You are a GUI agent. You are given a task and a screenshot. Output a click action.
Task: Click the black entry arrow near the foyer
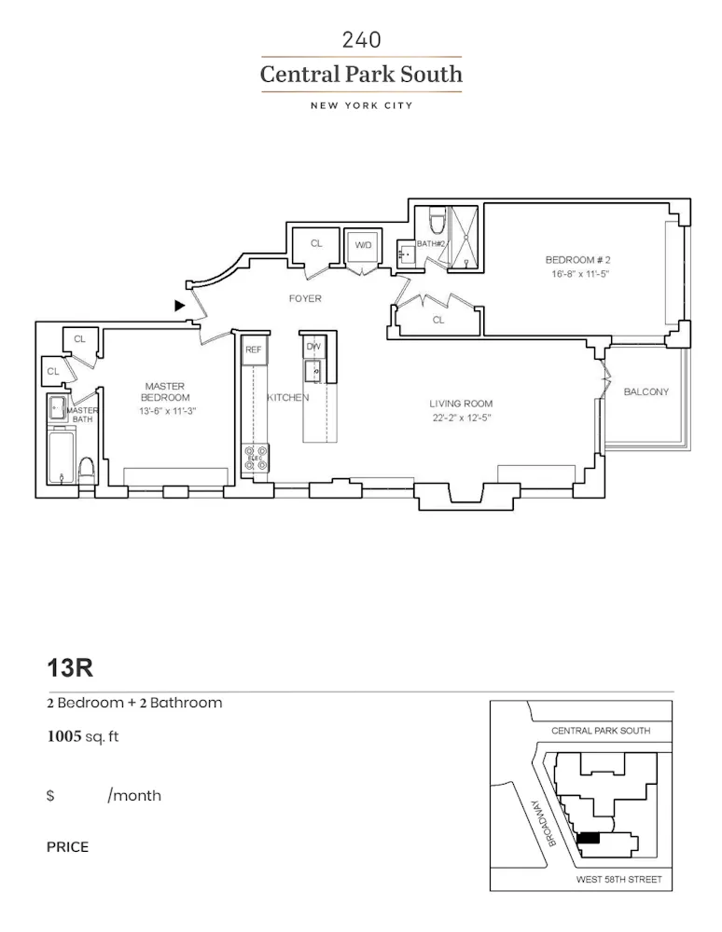(179, 305)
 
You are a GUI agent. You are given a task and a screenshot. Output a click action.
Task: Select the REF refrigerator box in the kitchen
(253, 349)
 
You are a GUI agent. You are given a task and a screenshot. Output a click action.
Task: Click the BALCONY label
(646, 392)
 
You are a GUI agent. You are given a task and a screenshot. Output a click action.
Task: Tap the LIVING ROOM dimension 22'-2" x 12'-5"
(461, 418)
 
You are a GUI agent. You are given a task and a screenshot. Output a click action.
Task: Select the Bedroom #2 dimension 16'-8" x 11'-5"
(577, 275)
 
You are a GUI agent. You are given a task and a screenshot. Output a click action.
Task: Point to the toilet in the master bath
(87, 471)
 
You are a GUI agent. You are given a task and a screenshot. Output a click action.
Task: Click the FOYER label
(305, 299)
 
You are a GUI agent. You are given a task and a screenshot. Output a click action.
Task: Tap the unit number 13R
(70, 668)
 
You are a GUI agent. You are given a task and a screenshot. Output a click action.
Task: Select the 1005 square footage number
(64, 737)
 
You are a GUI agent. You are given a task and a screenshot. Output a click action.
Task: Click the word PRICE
(68, 847)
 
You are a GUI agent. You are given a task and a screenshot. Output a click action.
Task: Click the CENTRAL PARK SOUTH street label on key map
(600, 731)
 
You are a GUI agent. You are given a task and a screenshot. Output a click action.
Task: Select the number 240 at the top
(361, 39)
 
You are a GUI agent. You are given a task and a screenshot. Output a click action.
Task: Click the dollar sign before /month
(50, 796)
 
